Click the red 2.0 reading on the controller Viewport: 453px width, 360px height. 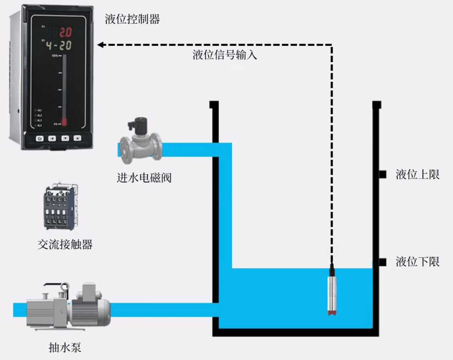point(65,32)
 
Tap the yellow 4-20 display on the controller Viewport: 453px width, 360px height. point(58,45)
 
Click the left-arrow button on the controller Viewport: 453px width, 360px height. point(52,138)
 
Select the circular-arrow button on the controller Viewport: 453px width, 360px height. point(39,138)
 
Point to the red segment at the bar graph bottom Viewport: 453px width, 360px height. point(64,122)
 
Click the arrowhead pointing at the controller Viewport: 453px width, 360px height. point(101,44)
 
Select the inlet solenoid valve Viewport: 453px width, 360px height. point(140,142)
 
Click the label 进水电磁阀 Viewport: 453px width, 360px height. point(144,178)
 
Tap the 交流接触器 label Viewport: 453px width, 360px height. point(65,244)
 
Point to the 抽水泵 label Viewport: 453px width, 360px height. point(65,347)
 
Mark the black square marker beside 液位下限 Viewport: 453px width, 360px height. point(382,262)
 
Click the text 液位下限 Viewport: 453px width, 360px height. point(417,262)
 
